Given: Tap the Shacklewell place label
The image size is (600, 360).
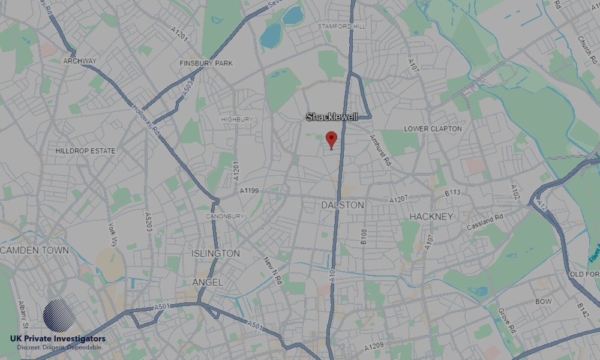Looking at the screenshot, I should tap(332, 117).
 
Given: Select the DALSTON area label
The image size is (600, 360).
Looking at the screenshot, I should tap(343, 205).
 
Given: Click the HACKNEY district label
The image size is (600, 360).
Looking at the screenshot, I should tap(431, 216).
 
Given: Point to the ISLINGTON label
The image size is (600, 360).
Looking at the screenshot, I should tap(215, 254).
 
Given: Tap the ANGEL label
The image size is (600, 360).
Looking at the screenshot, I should tap(207, 282).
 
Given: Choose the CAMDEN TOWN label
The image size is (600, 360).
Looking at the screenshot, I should tap(35, 250).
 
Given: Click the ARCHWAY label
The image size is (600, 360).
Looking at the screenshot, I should tap(80, 61).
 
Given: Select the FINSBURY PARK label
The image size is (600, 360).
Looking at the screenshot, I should tap(206, 63).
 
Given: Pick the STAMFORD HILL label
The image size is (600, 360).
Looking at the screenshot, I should tap(341, 26).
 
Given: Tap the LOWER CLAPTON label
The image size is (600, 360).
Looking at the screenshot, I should tap(433, 129).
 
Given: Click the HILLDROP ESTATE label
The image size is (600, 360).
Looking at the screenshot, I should tap(85, 151).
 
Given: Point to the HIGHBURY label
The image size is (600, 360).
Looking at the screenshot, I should tap(237, 119).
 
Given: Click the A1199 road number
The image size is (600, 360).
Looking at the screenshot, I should tap(249, 191).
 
